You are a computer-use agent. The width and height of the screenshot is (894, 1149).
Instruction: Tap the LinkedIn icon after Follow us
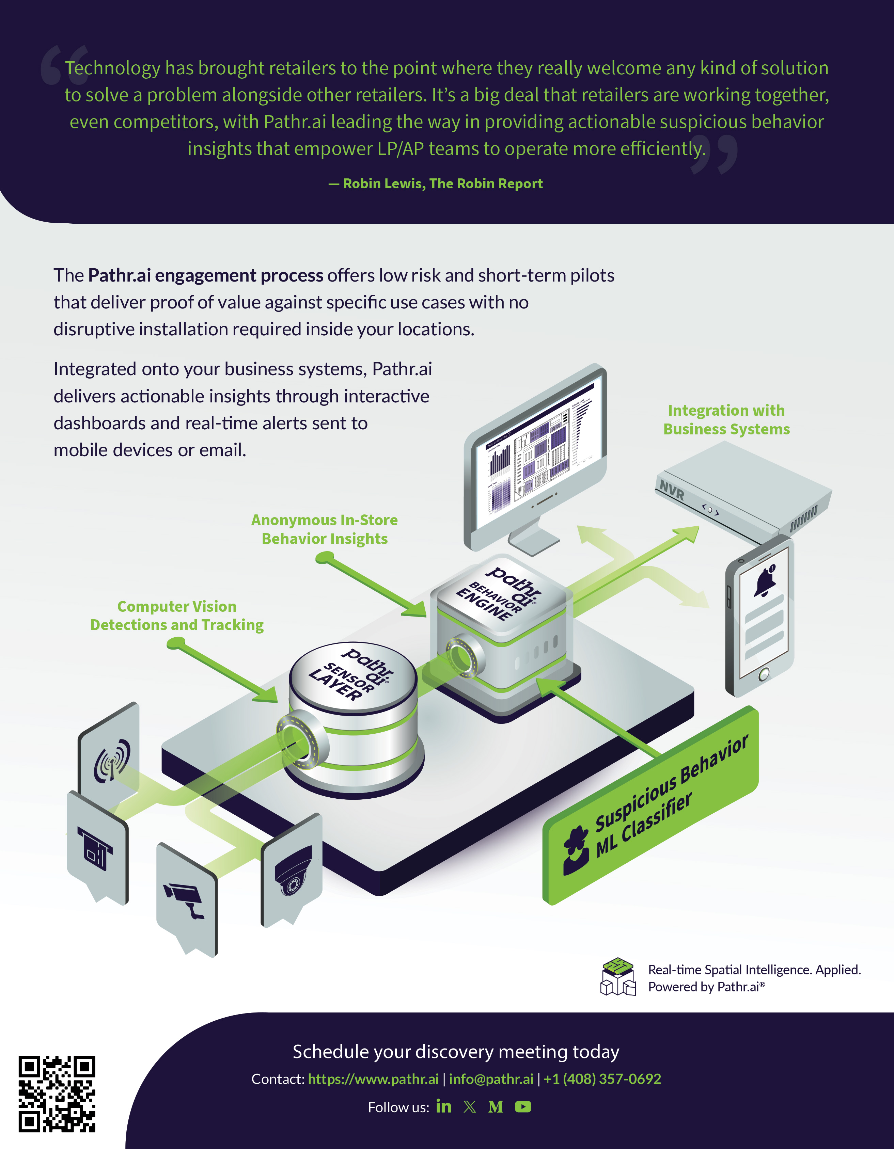443,1106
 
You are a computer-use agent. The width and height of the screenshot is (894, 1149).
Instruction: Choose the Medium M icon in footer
495,1107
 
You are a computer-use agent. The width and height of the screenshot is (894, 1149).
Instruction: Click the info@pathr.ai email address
491,1079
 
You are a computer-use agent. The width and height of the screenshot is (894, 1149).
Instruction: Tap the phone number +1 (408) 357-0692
602,1079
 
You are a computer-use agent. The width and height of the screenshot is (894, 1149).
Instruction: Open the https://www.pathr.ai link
373,1079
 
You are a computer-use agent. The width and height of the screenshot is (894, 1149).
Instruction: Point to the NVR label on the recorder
672,490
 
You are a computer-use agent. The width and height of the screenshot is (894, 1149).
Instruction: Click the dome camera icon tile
293,871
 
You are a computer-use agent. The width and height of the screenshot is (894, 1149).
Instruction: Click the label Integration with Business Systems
726,420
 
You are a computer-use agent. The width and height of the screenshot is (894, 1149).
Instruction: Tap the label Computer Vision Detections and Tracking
177,616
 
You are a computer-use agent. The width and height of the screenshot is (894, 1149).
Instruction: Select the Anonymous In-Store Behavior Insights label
324,529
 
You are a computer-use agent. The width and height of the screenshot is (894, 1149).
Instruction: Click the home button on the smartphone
764,673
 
